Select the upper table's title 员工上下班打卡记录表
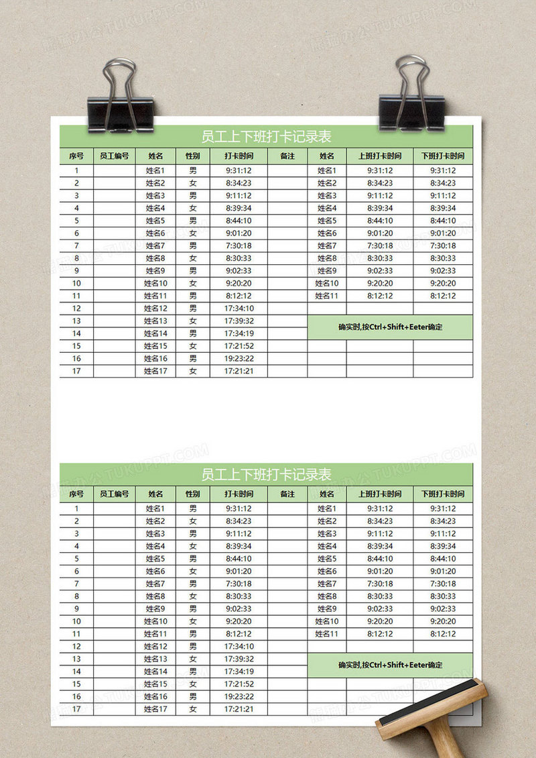pyautogui.click(x=267, y=137)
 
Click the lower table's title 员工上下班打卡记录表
pyautogui.click(x=267, y=475)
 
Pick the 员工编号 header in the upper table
pyautogui.click(x=114, y=156)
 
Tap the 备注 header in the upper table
pyautogui.click(x=287, y=156)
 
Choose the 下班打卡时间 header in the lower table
pyautogui.click(x=443, y=494)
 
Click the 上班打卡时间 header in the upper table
pyautogui.click(x=380, y=156)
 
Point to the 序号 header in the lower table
pyautogui.click(x=76, y=494)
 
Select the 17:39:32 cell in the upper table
pyautogui.click(x=239, y=321)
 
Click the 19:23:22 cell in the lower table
pyautogui.click(x=239, y=696)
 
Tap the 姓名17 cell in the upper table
pyautogui.click(x=155, y=371)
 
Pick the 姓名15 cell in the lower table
pyautogui.click(x=155, y=684)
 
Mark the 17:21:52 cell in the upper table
pyautogui.click(x=239, y=346)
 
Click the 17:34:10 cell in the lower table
pyautogui.click(x=239, y=646)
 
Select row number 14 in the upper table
pyautogui.click(x=76, y=333)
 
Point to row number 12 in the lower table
pyautogui.click(x=76, y=646)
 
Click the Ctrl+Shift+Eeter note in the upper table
pyautogui.click(x=391, y=327)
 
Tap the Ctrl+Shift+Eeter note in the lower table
pyautogui.click(x=391, y=665)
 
